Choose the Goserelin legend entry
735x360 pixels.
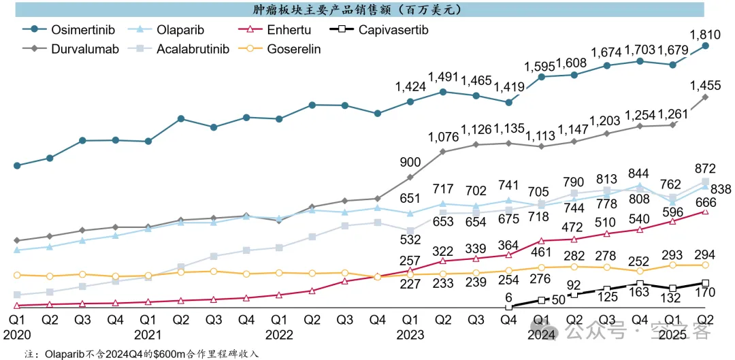coord(293,49)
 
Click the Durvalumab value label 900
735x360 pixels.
coord(410,162)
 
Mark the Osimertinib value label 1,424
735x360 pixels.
coord(410,86)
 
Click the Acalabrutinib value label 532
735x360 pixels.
coord(410,240)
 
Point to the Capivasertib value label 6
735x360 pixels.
coord(508,297)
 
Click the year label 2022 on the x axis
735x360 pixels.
coord(279,334)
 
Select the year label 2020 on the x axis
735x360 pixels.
coord(17,334)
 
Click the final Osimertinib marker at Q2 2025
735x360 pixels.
coord(706,46)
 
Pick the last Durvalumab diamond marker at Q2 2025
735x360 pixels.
coord(706,97)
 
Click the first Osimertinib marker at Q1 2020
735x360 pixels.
coord(17,165)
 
